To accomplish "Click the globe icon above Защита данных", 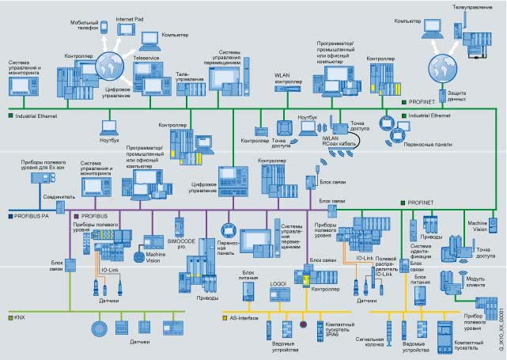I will click(437, 65).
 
